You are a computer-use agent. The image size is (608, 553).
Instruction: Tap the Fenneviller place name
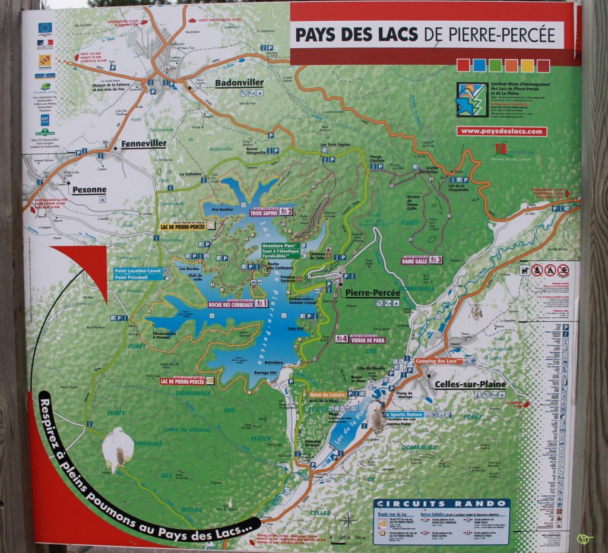144,144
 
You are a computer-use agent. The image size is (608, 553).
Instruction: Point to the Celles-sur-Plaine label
470,384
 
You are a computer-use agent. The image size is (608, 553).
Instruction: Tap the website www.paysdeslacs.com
501,131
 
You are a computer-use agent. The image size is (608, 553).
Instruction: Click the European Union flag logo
45,27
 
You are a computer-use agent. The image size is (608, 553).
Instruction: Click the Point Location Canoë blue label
137,271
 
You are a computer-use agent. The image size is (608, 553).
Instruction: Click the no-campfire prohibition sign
550,270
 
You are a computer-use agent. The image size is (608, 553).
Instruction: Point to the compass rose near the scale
348,520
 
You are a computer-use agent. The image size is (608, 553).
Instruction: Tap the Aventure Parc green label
280,245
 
